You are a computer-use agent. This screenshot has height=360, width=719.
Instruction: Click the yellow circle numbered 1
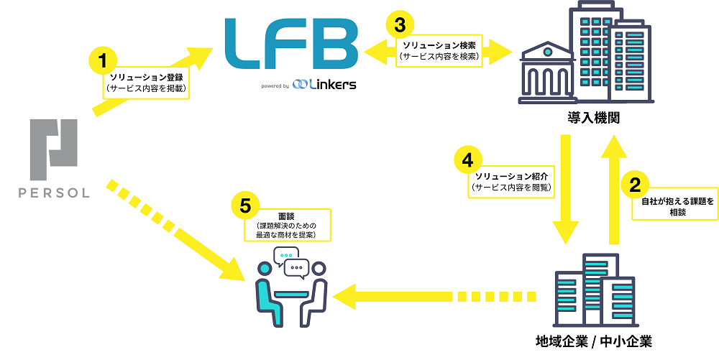coord(103,60)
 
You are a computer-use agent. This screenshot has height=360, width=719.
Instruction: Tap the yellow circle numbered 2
coord(634,185)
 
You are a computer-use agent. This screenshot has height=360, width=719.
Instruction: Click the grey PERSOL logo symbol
coord(55,149)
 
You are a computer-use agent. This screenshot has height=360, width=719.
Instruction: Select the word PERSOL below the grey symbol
coord(55,193)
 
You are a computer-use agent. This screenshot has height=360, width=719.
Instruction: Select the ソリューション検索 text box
coord(439,50)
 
